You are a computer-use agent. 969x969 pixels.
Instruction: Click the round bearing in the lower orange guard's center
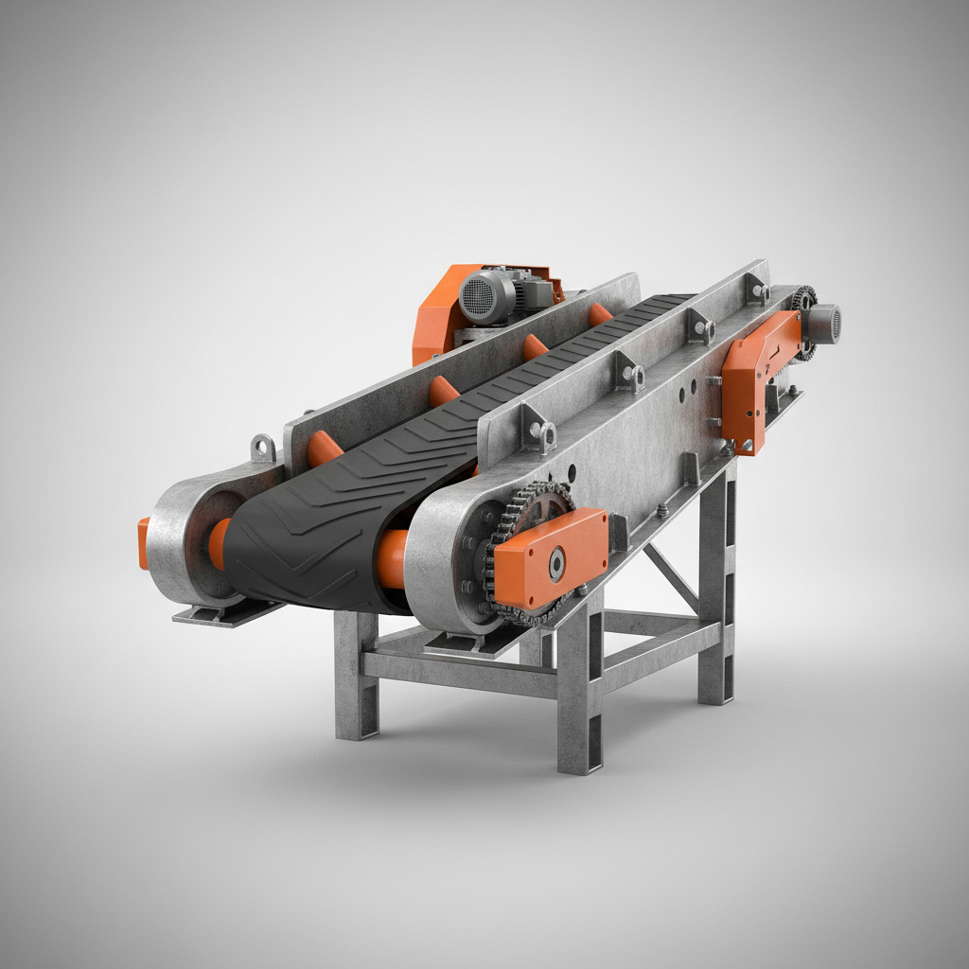(555, 565)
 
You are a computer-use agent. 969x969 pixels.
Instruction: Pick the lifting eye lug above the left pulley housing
(263, 447)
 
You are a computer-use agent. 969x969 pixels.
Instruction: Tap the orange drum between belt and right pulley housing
(392, 558)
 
